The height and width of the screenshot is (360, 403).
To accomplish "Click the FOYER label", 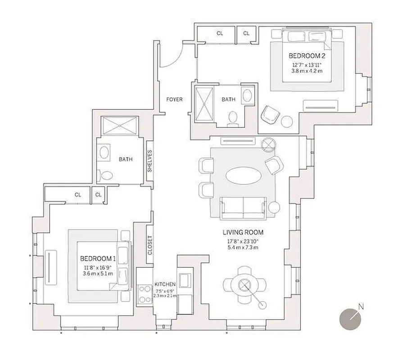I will (174, 99).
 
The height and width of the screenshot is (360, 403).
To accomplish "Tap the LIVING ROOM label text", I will (243, 233).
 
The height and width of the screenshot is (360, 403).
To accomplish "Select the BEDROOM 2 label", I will (307, 56).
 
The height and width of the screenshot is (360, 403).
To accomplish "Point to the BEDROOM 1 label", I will (98, 259).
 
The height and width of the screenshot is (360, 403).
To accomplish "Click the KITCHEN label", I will (164, 284).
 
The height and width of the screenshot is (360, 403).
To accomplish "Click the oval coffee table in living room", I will (243, 175).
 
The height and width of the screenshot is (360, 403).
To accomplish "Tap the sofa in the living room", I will (243, 207).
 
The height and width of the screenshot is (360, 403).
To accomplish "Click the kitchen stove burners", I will (145, 294).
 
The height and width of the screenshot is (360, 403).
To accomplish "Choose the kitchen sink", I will (185, 280).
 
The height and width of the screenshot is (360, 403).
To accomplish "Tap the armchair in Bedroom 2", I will (270, 114).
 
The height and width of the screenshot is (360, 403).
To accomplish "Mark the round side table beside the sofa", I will (274, 207).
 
